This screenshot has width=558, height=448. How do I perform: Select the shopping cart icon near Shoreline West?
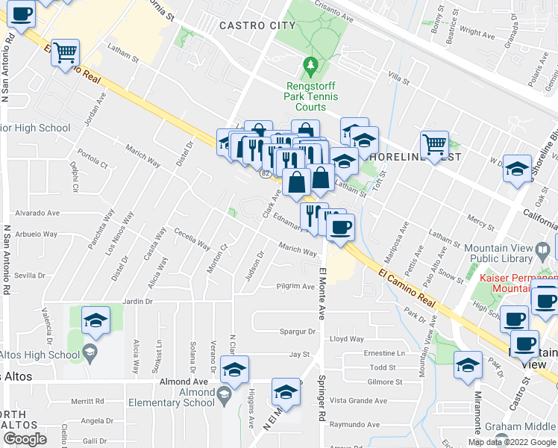coord(434,143)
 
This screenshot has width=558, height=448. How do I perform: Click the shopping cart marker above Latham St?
coord(66,52)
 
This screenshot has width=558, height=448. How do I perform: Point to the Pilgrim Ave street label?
coord(296,286)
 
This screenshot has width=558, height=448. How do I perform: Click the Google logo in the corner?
coord(25,439)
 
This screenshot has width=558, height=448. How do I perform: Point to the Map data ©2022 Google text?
coord(511,442)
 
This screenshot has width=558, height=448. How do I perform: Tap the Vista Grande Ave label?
coord(359,401)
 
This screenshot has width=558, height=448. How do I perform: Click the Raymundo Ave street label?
coord(354,423)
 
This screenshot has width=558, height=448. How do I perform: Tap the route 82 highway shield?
coord(265,173)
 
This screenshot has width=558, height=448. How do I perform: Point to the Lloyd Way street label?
coord(347,339)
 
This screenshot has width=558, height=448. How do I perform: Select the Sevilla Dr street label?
coord(29,275)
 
